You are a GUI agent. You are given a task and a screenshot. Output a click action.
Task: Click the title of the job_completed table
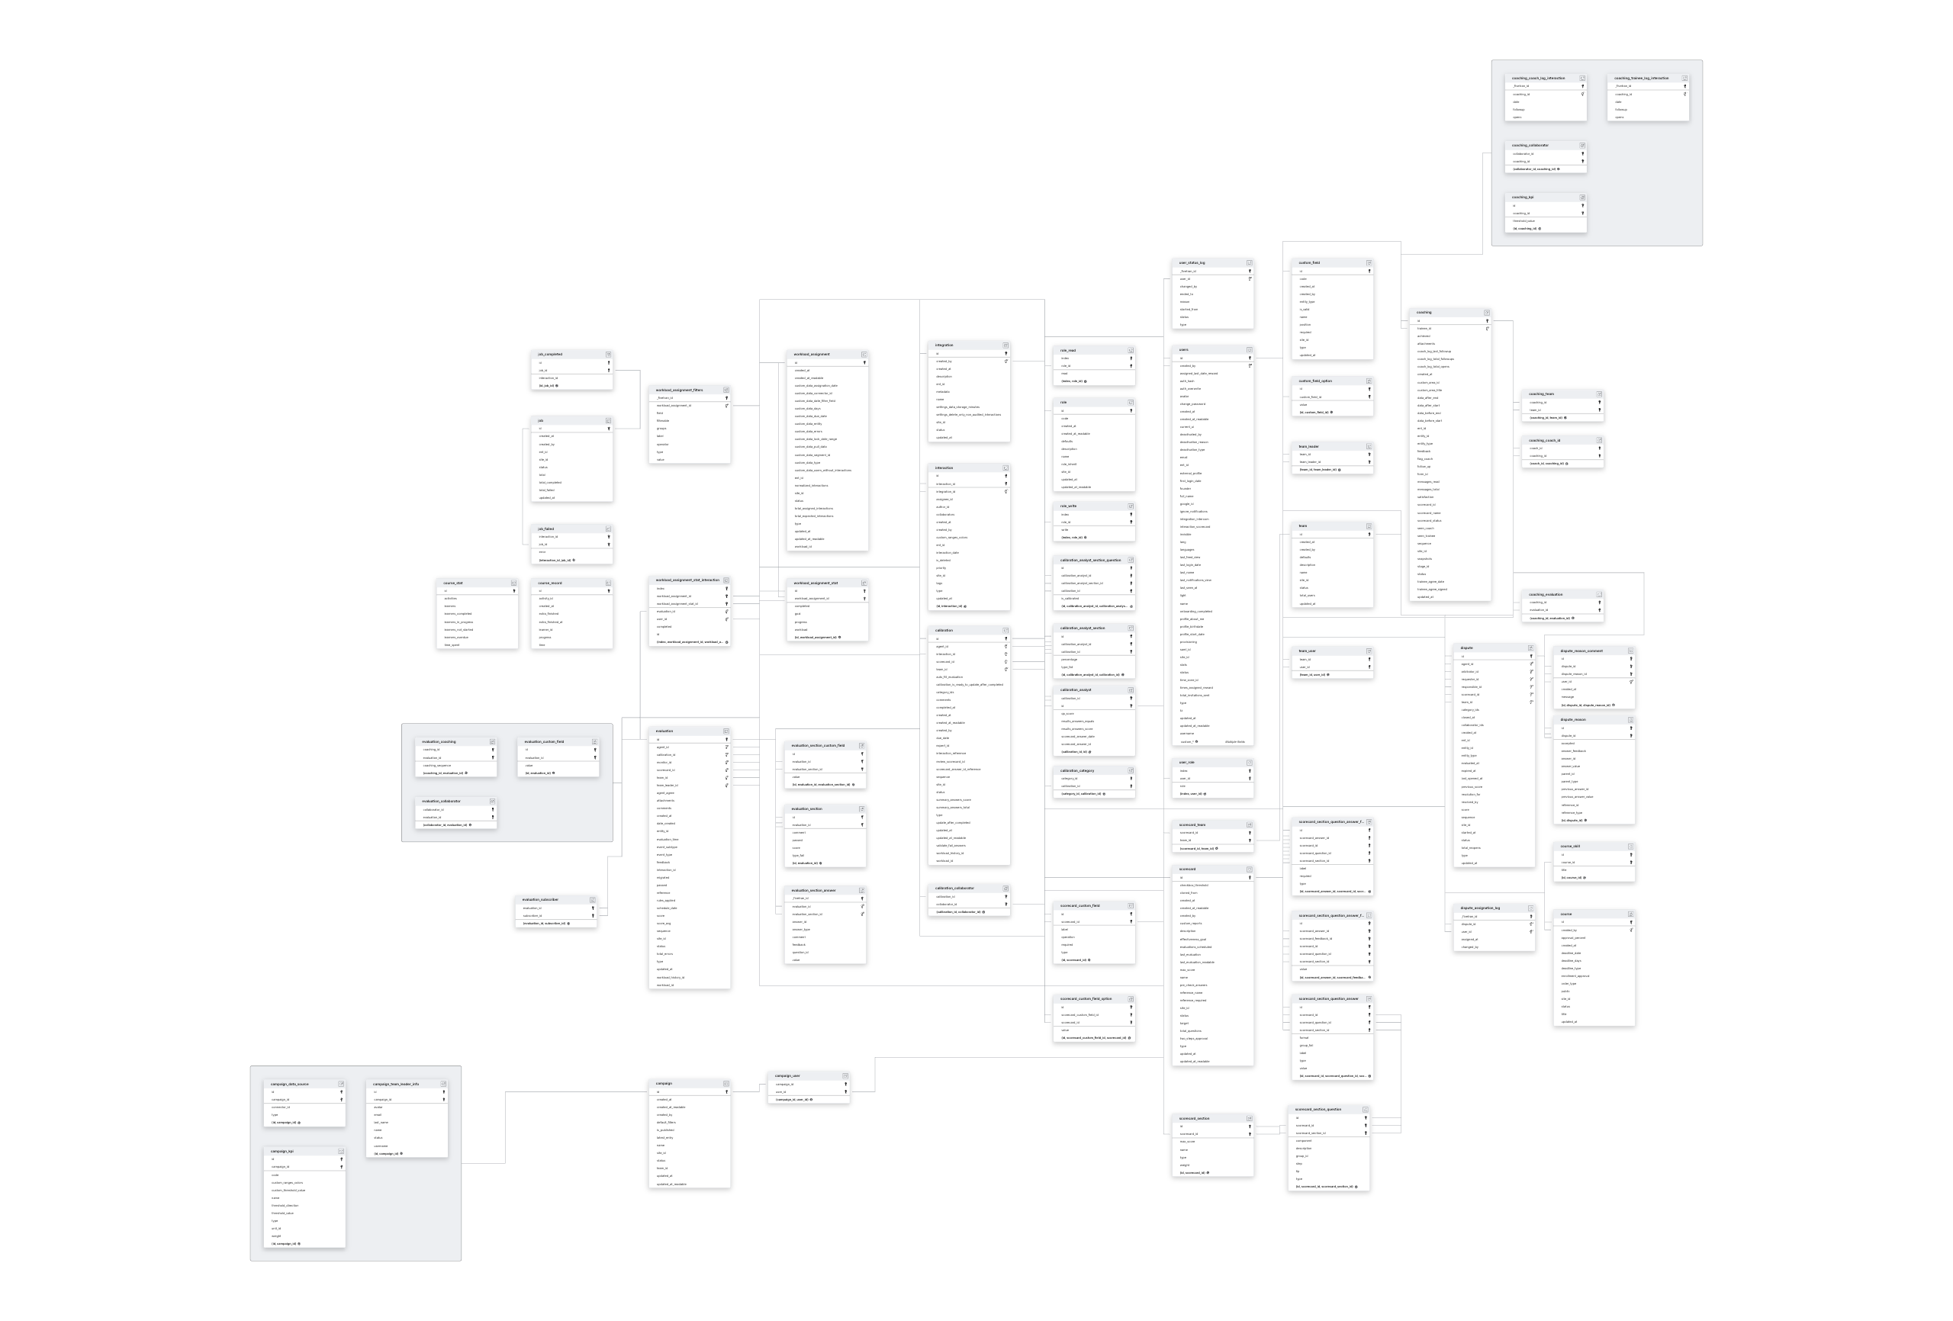point(551,355)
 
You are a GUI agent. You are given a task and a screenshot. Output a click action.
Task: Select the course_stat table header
point(454,583)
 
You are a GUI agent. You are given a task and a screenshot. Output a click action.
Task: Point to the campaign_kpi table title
point(282,1151)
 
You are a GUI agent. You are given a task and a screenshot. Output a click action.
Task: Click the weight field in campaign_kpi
point(275,1236)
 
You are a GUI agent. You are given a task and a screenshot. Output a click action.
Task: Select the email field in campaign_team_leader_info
point(378,1115)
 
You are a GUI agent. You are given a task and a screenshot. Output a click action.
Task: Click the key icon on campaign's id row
point(728,1092)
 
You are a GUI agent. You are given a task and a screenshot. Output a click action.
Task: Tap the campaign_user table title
point(787,1075)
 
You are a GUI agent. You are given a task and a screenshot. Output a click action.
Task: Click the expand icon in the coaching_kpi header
point(1582,198)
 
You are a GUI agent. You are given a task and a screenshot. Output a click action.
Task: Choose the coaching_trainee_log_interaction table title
point(1641,78)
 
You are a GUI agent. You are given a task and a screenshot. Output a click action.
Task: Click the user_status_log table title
point(1192,263)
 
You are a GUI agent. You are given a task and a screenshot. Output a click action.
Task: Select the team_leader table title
point(1308,447)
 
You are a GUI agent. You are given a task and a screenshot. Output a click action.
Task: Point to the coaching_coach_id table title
point(1545,440)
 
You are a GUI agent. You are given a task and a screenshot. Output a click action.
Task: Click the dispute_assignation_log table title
point(1480,908)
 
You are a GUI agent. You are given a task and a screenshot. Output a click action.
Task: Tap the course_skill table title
point(1570,846)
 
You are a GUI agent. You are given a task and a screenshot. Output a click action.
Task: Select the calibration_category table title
point(1077,770)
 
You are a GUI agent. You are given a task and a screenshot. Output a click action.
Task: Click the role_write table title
point(1068,506)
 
